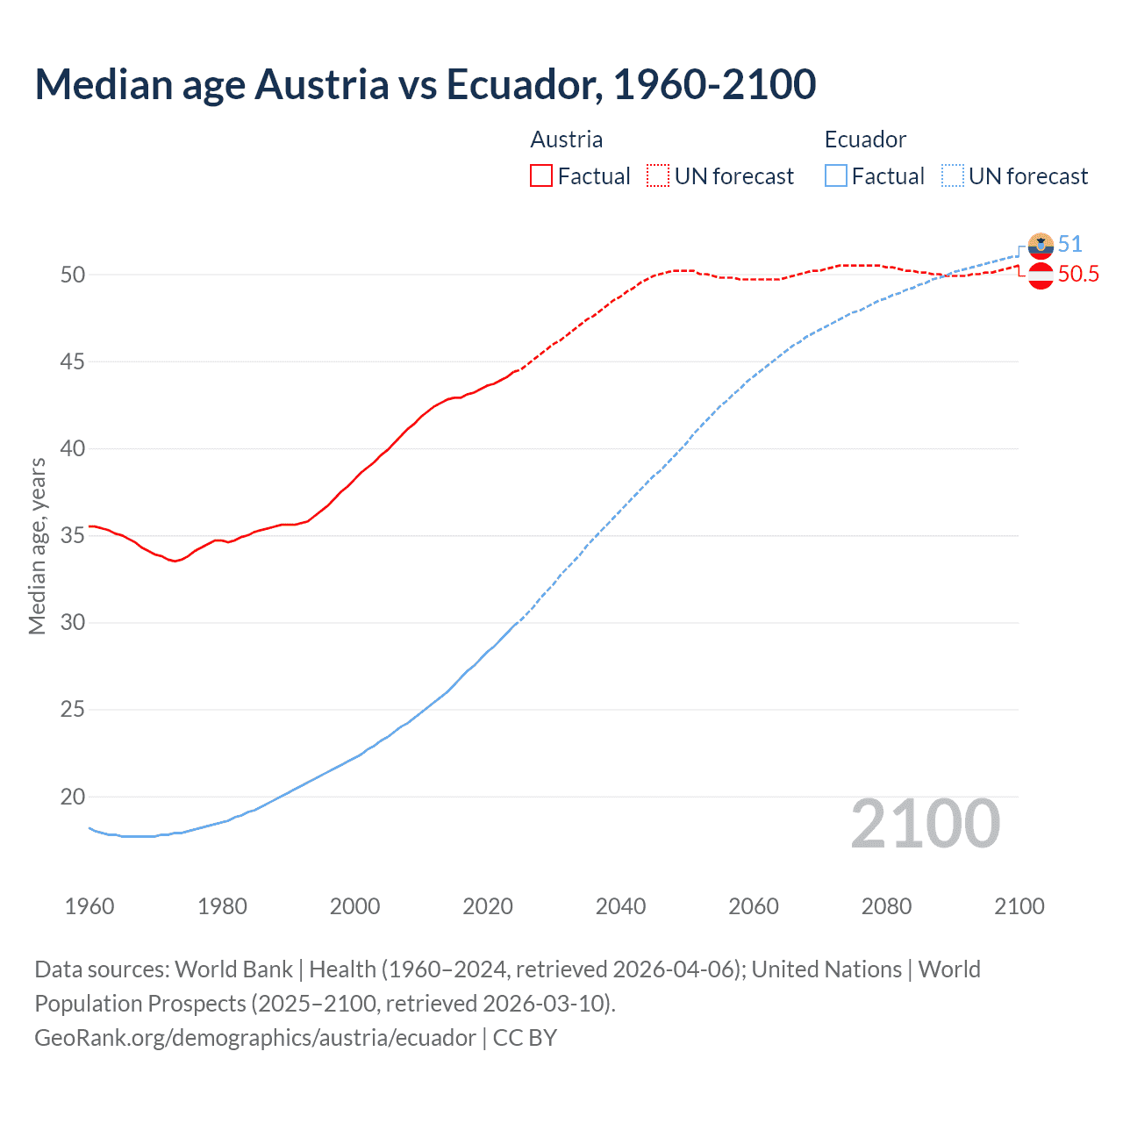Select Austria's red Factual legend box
tap(541, 176)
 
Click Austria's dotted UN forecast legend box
tap(658, 176)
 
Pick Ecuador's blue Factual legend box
tap(836, 176)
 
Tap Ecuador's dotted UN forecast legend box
tap(953, 176)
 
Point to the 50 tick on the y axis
tap(73, 275)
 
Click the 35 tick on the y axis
tap(73, 535)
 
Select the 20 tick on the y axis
tap(73, 797)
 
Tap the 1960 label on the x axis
tap(89, 906)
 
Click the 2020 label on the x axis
tap(488, 906)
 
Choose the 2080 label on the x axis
tap(886, 906)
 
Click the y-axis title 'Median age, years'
tap(38, 546)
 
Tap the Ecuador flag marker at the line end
tap(1041, 246)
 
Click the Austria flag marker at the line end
tap(1041, 275)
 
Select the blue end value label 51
tap(1070, 244)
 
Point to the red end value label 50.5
tap(1078, 275)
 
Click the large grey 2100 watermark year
tap(926, 823)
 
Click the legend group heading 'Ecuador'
tap(865, 139)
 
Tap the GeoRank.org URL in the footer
tap(255, 1038)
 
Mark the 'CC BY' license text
tap(525, 1038)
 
